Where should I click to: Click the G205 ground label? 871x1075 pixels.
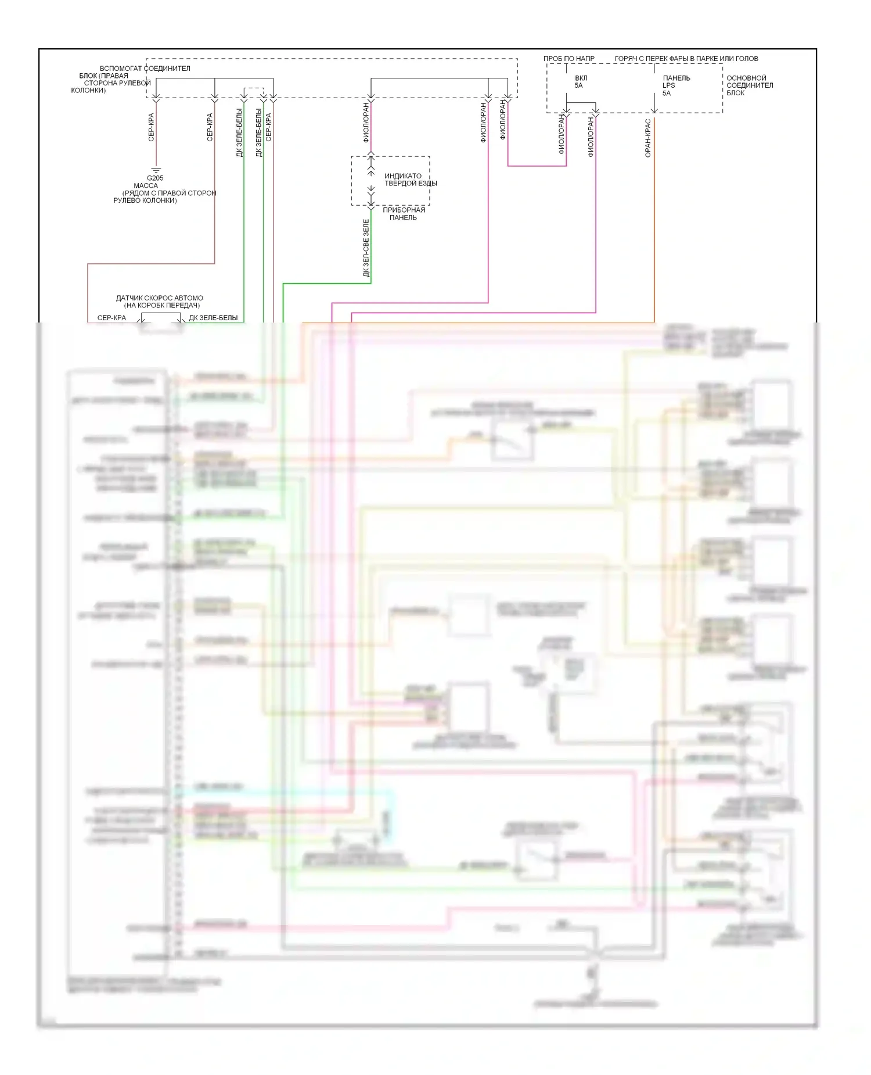(x=155, y=178)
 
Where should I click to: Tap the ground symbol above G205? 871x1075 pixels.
(x=156, y=170)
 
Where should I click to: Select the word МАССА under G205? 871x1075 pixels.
(x=146, y=185)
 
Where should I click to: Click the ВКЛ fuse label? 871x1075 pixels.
(x=581, y=78)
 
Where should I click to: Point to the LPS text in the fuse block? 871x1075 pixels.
(x=668, y=85)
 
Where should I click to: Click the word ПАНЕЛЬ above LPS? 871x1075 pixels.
(x=676, y=78)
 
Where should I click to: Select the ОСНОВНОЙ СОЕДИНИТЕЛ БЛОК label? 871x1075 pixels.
(x=749, y=85)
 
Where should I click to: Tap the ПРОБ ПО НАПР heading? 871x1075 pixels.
(x=568, y=59)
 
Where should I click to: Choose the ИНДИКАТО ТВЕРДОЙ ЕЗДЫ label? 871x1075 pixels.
(x=410, y=180)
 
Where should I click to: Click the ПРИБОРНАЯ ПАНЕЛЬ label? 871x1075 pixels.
(x=404, y=214)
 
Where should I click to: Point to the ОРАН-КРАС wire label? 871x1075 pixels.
(x=648, y=138)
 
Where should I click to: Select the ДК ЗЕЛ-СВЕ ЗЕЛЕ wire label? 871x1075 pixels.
(x=366, y=248)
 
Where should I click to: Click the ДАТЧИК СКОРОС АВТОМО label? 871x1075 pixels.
(x=160, y=298)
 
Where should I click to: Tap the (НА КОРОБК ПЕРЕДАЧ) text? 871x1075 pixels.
(x=161, y=306)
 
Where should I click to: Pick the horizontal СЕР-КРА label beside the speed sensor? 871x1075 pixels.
(x=111, y=318)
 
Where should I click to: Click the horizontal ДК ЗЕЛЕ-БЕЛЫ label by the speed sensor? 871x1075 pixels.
(x=213, y=318)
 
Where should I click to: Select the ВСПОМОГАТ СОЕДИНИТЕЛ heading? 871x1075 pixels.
(x=145, y=69)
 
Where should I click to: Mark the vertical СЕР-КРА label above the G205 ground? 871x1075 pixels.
(x=151, y=127)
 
